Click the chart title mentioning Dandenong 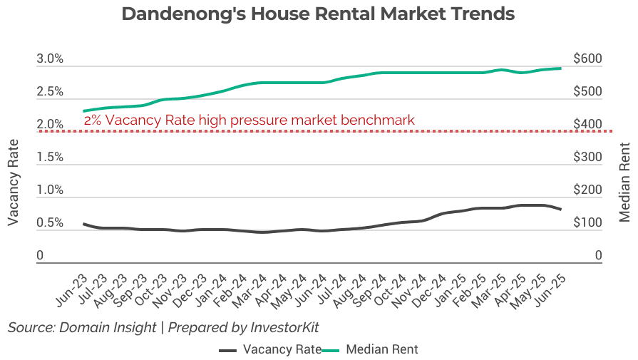[x=318, y=14]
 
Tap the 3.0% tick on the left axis [x=50, y=59]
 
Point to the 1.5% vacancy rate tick [x=50, y=158]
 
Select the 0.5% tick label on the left [x=50, y=223]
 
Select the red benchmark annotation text [x=249, y=120]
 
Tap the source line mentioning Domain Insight [x=163, y=327]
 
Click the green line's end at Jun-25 [x=561, y=68]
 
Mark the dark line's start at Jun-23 [x=83, y=224]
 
